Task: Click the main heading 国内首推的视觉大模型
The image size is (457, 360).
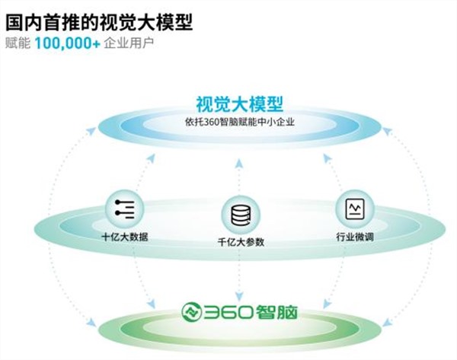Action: pyautogui.click(x=99, y=23)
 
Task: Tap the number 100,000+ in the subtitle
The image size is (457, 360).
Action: pyautogui.click(x=68, y=43)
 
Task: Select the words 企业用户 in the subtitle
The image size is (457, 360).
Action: pyautogui.click(x=129, y=43)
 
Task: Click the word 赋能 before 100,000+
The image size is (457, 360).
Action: pyautogui.click(x=18, y=43)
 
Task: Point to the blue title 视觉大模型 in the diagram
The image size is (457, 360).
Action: pyautogui.click(x=240, y=104)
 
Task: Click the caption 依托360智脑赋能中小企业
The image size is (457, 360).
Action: pyautogui.click(x=240, y=122)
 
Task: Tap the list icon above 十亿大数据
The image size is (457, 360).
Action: pyautogui.click(x=125, y=209)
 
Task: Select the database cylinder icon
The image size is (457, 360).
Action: pyautogui.click(x=241, y=215)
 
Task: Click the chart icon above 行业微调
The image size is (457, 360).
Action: pyautogui.click(x=355, y=209)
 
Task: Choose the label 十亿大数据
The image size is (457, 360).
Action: pyautogui.click(x=125, y=237)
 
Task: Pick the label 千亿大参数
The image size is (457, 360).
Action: pyautogui.click(x=241, y=242)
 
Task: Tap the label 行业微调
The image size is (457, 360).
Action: pyautogui.click(x=355, y=237)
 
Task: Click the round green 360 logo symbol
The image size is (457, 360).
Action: pyautogui.click(x=191, y=312)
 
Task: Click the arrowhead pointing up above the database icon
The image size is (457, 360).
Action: pyautogui.click(x=239, y=164)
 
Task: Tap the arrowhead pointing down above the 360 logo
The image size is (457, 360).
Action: pyautogui.click(x=239, y=296)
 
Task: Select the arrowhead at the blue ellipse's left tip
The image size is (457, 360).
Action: pyautogui.click(x=92, y=130)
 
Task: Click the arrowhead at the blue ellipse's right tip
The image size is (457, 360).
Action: pyautogui.click(x=387, y=131)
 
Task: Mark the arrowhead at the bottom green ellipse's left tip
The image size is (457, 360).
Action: pyautogui.click(x=92, y=323)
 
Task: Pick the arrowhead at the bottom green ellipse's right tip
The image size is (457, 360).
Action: pyautogui.click(x=387, y=322)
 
